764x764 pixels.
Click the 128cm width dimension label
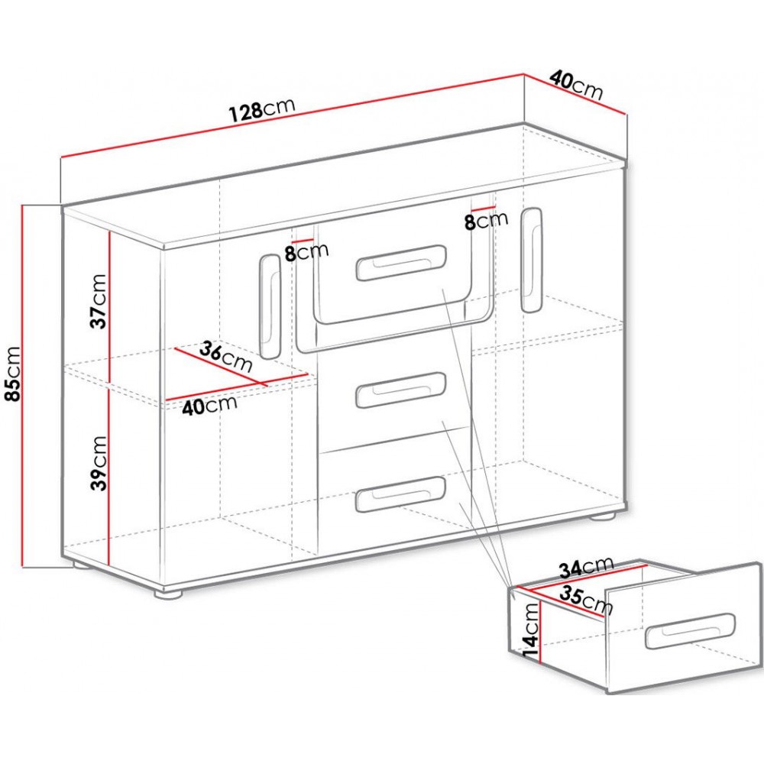[261, 110]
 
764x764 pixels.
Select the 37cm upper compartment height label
[98, 301]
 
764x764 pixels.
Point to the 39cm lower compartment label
[98, 463]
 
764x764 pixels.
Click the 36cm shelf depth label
[225, 357]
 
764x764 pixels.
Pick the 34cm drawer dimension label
[586, 567]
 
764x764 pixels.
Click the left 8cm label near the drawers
[306, 252]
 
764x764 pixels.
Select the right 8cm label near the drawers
[486, 220]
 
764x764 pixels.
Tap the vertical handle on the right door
[531, 261]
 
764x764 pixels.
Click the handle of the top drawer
[401, 263]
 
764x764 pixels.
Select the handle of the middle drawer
[401, 390]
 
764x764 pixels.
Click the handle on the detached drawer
[690, 631]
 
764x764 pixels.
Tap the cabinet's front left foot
[169, 594]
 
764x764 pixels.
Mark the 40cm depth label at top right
[576, 86]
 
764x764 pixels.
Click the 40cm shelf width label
[209, 405]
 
